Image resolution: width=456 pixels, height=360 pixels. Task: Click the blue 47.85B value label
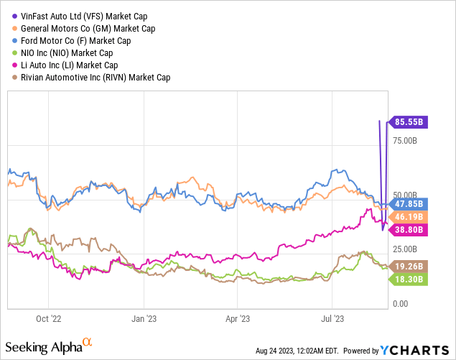click(x=409, y=203)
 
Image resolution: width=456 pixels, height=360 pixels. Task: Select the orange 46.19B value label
click(x=409, y=216)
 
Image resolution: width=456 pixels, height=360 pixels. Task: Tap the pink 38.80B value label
click(x=409, y=230)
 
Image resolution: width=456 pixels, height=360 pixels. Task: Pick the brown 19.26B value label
click(x=409, y=265)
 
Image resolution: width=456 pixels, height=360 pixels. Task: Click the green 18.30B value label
click(x=409, y=278)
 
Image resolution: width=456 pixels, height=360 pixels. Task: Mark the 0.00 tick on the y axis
click(x=400, y=304)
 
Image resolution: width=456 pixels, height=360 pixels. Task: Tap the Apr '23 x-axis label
click(x=237, y=316)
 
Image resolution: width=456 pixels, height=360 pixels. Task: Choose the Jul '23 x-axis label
click(x=331, y=316)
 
